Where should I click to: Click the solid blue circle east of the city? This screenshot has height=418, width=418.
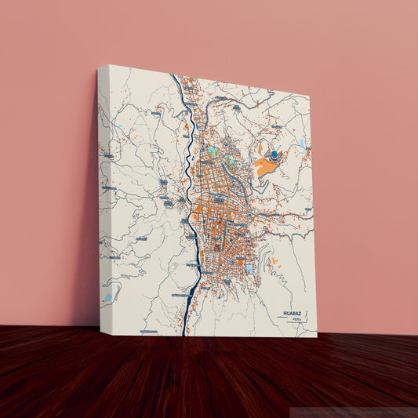pyautogui.click(x=274, y=157)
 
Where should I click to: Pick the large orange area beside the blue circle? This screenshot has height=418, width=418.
pyautogui.click(x=264, y=165)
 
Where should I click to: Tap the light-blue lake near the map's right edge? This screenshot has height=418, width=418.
pyautogui.click(x=302, y=143)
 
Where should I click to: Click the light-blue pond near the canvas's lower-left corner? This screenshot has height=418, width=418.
pyautogui.click(x=107, y=298)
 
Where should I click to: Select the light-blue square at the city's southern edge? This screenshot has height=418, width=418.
pyautogui.click(x=249, y=269)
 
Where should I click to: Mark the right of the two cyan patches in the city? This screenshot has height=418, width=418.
pyautogui.click(x=230, y=160)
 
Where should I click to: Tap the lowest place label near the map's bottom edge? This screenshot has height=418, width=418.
pyautogui.click(x=149, y=333)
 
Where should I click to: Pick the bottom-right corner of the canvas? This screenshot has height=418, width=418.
pyautogui.click(x=317, y=336)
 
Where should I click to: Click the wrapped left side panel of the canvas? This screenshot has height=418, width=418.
pyautogui.click(x=104, y=196)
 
